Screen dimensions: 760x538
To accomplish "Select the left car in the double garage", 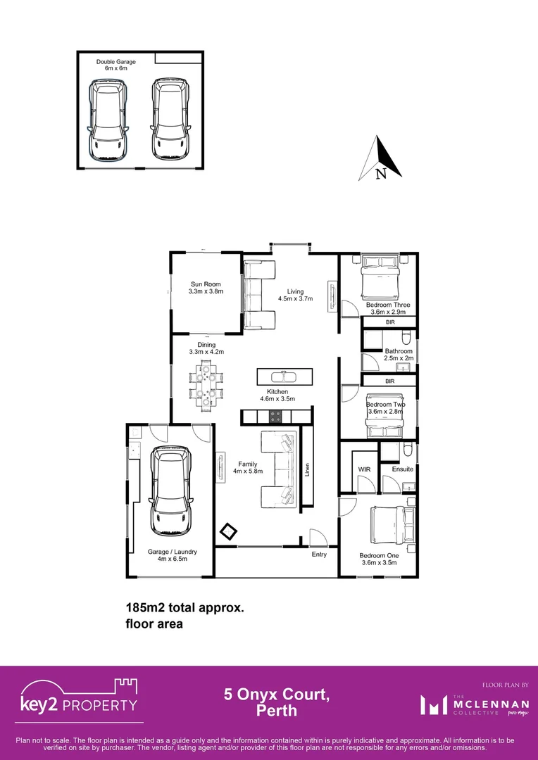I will (x=108, y=119).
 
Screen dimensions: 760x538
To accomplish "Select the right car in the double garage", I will (x=170, y=119).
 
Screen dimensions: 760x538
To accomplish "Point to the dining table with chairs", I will (x=206, y=385).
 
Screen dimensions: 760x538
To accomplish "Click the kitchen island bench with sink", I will (x=282, y=374).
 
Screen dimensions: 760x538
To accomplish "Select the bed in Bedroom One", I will (x=385, y=525).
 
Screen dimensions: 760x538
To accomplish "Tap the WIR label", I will (x=364, y=469).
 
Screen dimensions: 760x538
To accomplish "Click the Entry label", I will (x=319, y=555).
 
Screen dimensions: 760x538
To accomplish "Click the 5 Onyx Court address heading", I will (x=276, y=702).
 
